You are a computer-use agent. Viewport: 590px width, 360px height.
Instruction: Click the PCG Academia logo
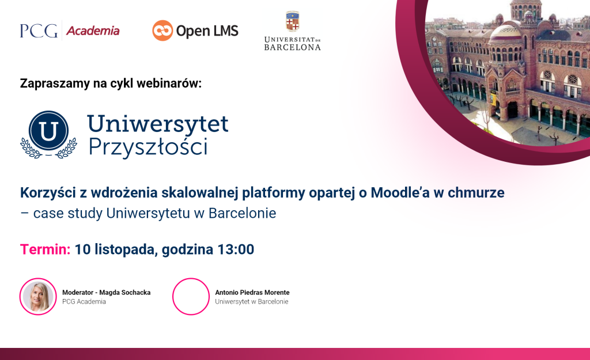pos(70,31)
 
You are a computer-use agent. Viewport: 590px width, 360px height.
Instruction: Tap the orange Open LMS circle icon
pos(162,31)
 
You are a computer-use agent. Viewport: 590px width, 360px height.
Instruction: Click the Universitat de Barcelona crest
pos(292,21)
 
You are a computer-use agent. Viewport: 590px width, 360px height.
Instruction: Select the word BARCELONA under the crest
pos(292,47)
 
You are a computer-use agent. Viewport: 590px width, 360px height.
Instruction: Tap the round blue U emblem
pos(48,131)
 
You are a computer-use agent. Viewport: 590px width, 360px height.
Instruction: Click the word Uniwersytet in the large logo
pos(158,124)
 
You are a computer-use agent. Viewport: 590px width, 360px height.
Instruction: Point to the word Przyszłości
pos(148,147)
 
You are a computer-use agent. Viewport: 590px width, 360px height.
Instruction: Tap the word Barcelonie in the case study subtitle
pos(243,213)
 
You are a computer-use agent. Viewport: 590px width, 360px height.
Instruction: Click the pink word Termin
pos(45,249)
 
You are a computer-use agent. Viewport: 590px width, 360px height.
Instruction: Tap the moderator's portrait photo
pos(38,297)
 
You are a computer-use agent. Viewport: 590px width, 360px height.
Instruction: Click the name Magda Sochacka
pos(125,292)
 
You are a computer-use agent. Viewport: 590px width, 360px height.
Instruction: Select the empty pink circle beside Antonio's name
pos(173,297)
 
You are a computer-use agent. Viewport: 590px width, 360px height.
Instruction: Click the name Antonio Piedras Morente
pos(252,292)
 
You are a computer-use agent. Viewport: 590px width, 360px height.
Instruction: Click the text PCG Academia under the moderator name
pos(84,302)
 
